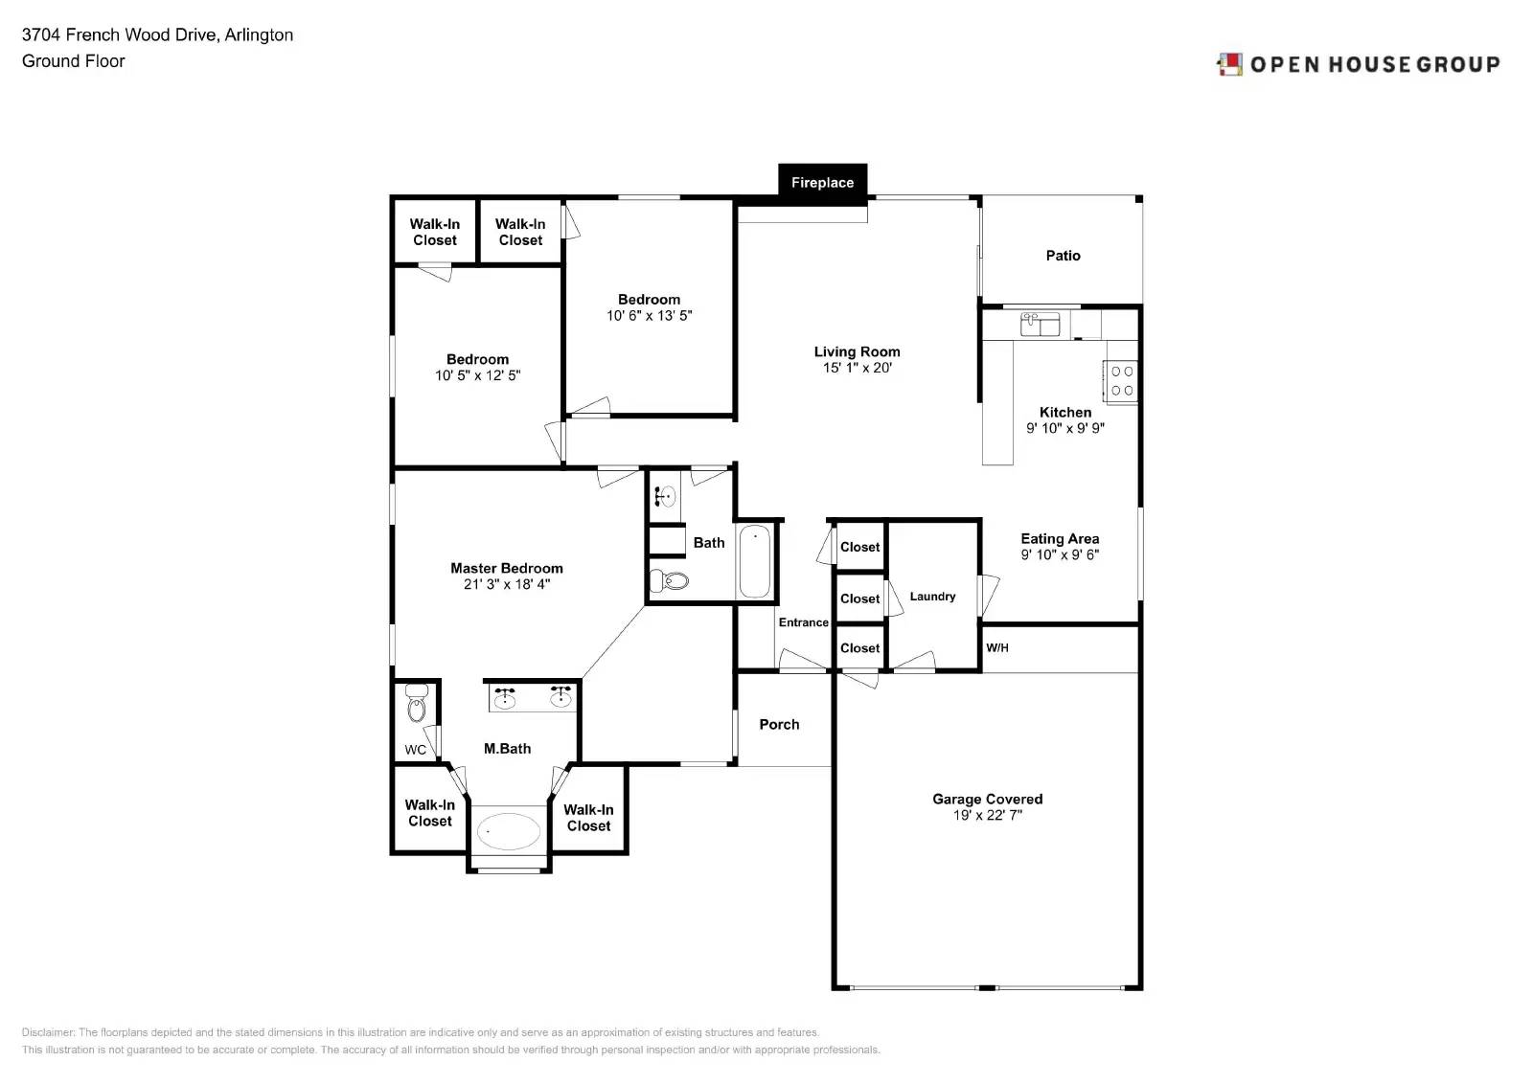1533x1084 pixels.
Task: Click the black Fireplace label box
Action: [822, 181]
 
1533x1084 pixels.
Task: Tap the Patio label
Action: [1063, 256]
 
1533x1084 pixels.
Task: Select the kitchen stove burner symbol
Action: [1122, 381]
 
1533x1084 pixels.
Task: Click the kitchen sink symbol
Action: [1040, 324]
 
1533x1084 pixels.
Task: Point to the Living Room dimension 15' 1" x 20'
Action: [857, 368]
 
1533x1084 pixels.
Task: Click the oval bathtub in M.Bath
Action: [509, 831]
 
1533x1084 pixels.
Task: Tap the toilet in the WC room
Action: [416, 707]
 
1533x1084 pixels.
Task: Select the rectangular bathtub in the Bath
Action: [755, 561]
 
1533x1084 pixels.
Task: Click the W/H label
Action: [997, 648]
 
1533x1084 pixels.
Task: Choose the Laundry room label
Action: [932, 597]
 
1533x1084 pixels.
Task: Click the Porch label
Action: [779, 725]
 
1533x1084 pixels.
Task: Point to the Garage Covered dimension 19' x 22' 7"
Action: [987, 816]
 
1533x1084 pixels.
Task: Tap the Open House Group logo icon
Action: [1229, 64]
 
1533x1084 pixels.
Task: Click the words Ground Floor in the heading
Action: [74, 61]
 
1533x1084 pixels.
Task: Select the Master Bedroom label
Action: [506, 568]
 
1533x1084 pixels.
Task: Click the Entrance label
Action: [803, 622]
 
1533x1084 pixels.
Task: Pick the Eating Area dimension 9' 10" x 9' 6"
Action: [1060, 555]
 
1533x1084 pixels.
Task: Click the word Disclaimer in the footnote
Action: [48, 1032]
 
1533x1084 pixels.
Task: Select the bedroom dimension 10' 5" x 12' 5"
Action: [477, 376]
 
